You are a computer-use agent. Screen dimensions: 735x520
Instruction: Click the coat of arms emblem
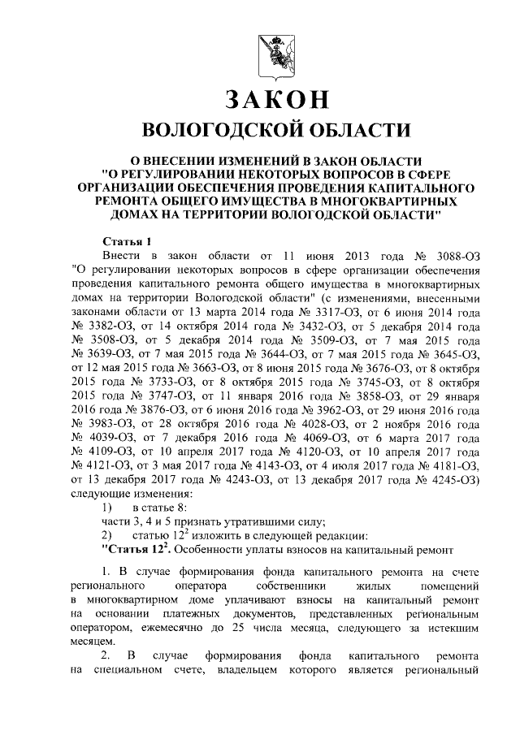(276, 53)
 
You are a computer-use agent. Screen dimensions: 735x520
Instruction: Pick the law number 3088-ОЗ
(454, 256)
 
